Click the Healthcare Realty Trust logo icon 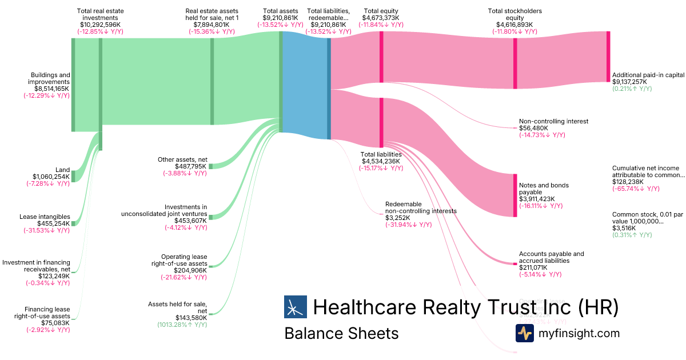(296, 307)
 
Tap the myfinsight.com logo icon (524, 333)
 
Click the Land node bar (73, 175)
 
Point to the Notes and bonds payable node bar (515, 195)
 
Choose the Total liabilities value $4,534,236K (381, 161)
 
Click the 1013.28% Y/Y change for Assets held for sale (182, 325)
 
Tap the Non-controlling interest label (553, 121)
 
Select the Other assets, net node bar (210, 166)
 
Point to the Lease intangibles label (45, 217)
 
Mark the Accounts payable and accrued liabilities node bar (514, 263)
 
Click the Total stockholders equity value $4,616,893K (514, 25)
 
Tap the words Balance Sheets (341, 333)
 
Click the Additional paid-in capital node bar (608, 57)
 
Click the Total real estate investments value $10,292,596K (100, 25)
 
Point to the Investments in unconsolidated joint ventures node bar (210, 217)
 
